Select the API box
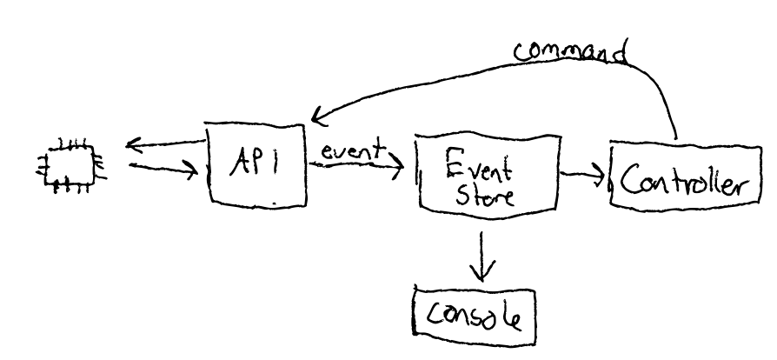pos(256,163)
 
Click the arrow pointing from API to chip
pos(165,141)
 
